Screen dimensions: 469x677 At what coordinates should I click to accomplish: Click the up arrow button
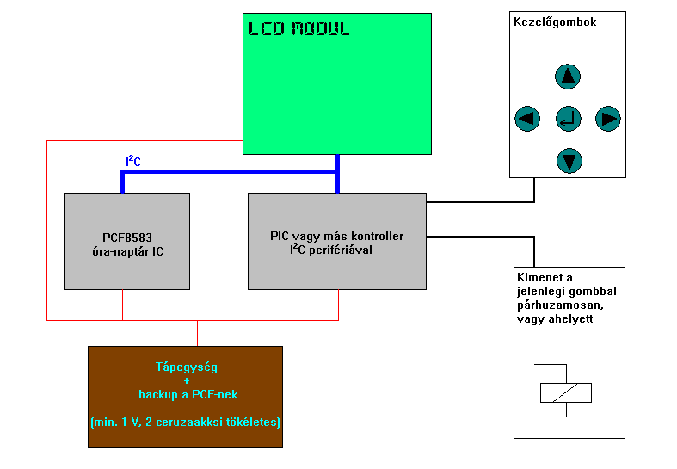568,77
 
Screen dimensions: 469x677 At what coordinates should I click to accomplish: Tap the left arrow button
526,118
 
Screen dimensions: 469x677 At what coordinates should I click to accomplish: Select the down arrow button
569,160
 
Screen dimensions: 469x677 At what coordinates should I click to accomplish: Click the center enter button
568,118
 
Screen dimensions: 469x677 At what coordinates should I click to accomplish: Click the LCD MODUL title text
299,29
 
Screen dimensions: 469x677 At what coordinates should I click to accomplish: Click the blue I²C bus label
132,161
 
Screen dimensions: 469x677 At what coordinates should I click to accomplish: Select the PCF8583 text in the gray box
126,238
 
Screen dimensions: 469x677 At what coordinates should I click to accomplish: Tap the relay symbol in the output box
565,392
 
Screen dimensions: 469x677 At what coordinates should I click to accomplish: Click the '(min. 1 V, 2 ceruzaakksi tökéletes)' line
185,423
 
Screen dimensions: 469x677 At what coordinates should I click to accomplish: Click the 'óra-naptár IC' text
126,251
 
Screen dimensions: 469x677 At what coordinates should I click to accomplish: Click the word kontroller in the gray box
376,236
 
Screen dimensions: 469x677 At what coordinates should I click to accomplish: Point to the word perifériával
341,250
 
